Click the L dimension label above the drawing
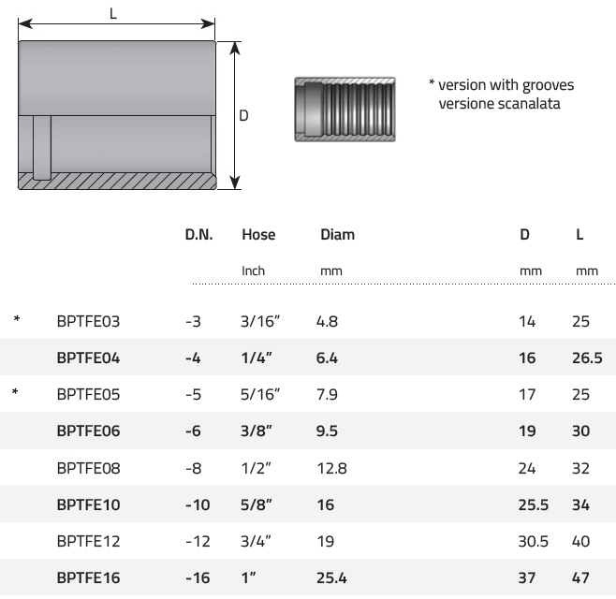coord(113,14)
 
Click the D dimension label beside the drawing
coord(243,115)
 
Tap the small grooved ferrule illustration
coord(345,110)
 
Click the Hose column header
coord(258,235)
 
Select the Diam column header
coord(337,235)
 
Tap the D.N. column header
coord(198,235)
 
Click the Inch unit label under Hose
coord(253,270)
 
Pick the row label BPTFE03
coord(88,321)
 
